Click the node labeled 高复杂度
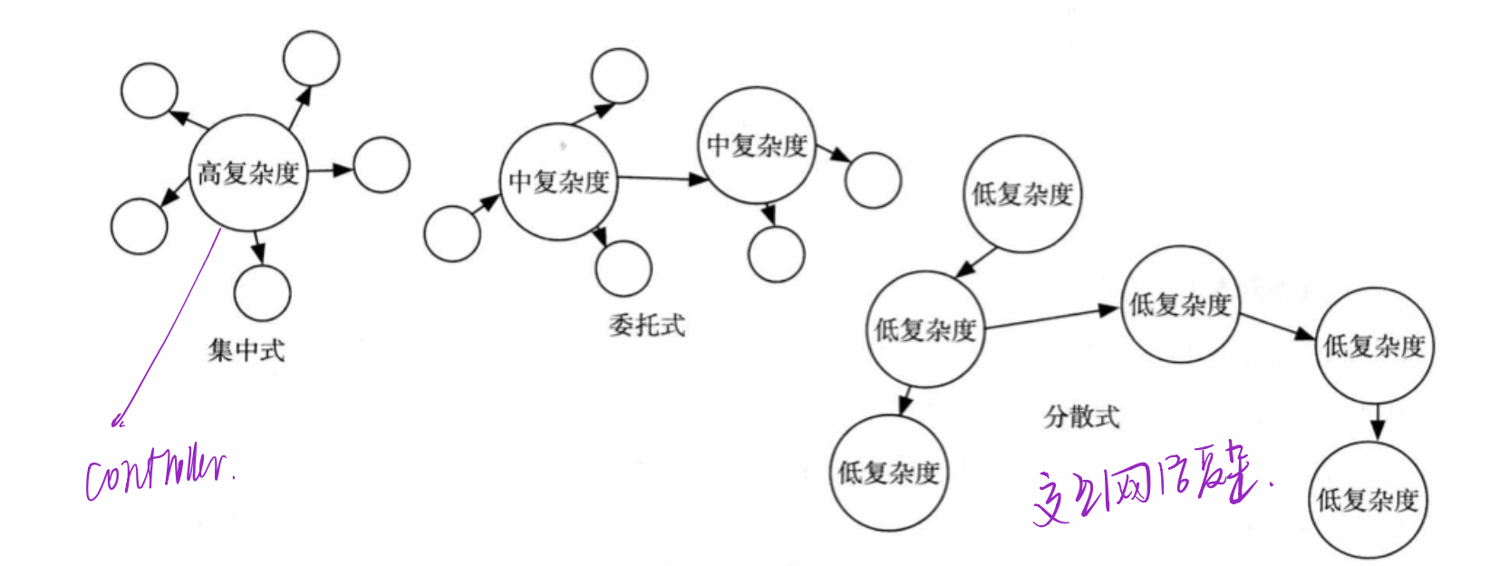coord(247,172)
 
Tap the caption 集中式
coord(246,350)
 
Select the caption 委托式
coord(646,326)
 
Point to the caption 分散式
coord(1081,416)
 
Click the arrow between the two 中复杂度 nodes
coord(662,179)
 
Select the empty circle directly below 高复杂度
coord(262,293)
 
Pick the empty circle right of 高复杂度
coord(381,165)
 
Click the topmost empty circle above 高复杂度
coord(311,59)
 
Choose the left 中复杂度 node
coord(558,181)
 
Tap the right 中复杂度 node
coord(757,145)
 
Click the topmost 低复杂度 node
coord(1021,193)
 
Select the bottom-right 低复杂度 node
coord(1368,500)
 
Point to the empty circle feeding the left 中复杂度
coord(452,233)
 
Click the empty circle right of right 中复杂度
coord(872,180)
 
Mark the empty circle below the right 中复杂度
coord(777,254)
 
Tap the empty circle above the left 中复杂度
coord(619,75)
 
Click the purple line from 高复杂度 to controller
coord(172,327)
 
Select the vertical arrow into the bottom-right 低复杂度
coord(1377,422)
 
